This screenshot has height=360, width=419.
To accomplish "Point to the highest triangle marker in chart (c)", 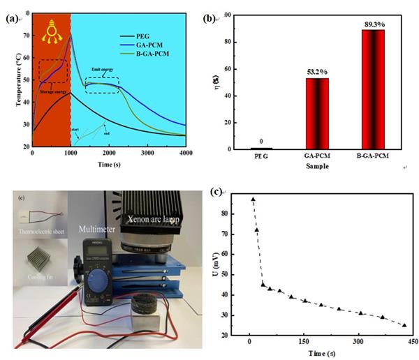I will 253,200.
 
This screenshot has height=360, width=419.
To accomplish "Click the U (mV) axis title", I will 224,266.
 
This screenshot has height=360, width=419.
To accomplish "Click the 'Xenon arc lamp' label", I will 157,218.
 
